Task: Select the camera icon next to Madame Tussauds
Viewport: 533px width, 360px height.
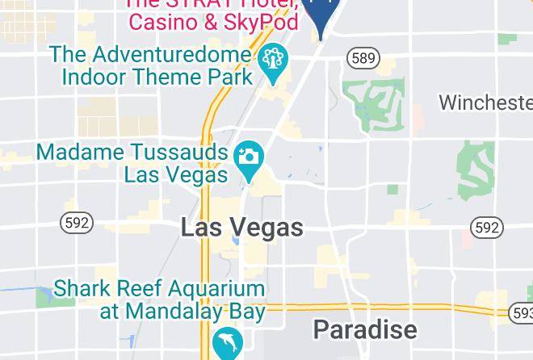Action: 248,157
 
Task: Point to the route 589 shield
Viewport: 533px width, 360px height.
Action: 363,58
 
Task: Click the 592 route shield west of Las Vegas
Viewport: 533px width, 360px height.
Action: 77,222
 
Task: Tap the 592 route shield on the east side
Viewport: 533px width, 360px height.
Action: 486,228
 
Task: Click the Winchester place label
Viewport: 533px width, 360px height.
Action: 485,103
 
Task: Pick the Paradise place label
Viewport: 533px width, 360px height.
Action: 365,329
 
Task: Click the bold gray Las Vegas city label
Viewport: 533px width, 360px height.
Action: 241,228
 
